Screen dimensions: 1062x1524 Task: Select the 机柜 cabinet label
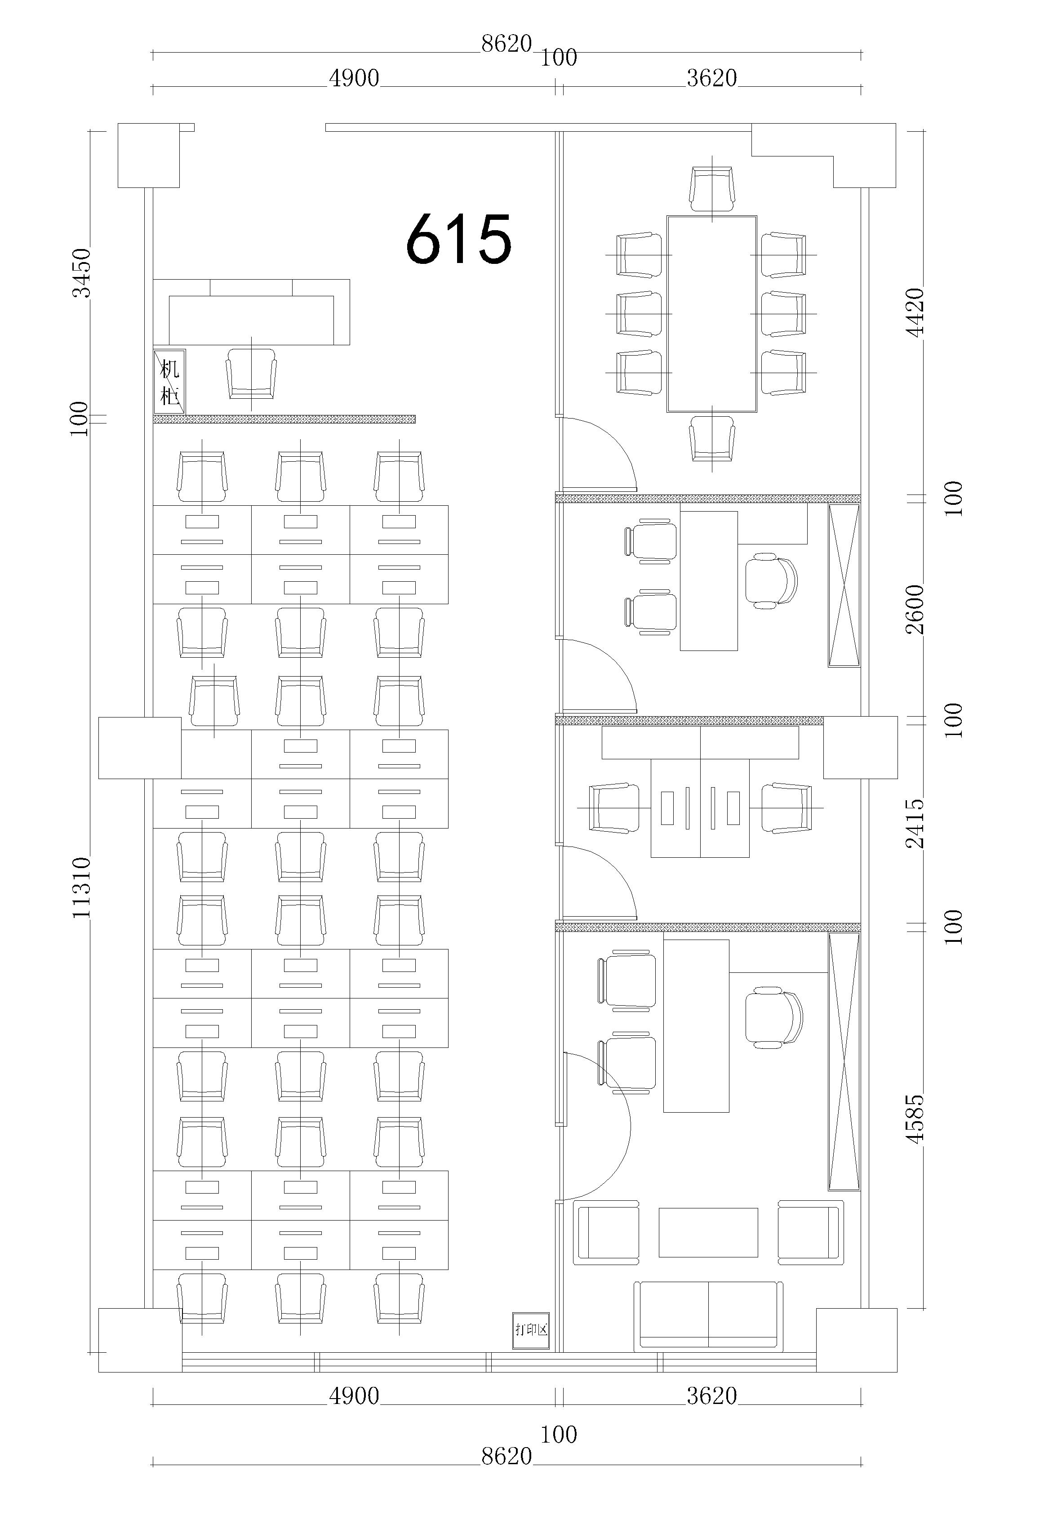pyautogui.click(x=169, y=382)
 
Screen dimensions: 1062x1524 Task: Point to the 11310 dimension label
pyautogui.click(x=81, y=887)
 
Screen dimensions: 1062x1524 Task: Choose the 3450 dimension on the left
pyautogui.click(x=81, y=273)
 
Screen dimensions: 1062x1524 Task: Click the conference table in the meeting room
pyautogui.click(x=711, y=313)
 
